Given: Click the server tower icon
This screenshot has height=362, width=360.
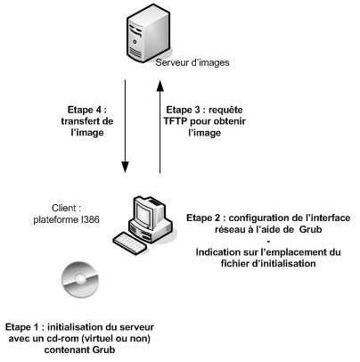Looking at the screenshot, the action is [148, 33].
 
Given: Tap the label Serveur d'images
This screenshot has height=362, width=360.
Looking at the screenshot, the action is [192, 62].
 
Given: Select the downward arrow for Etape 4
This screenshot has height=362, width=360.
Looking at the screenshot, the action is [125, 126].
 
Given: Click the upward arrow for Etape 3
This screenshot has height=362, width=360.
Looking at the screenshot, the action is [160, 127].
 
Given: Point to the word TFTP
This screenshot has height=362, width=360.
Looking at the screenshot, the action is [176, 121].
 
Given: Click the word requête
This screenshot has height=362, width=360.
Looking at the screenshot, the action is [225, 110].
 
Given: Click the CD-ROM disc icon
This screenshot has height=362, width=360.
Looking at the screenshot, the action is [80, 279].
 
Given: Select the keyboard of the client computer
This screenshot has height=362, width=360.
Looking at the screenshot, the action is [130, 243].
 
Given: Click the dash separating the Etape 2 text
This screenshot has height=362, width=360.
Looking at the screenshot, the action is [268, 241].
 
